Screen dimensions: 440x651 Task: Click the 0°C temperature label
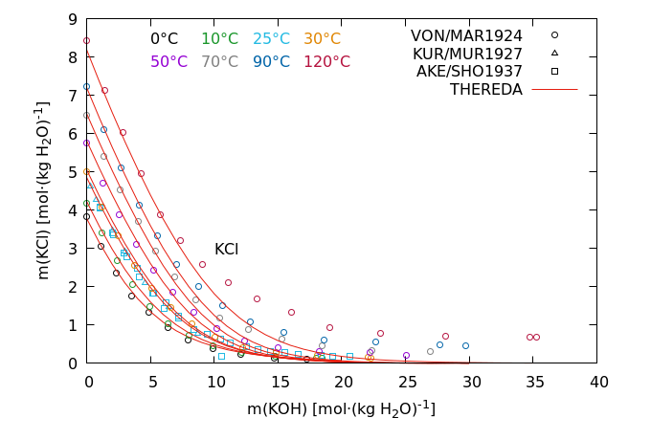pyautogui.click(x=164, y=39)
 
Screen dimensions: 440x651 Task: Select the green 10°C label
pyautogui.click(x=219, y=39)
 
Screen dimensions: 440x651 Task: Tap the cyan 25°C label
pyautogui.click(x=271, y=39)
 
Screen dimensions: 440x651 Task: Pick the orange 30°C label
pyautogui.click(x=322, y=39)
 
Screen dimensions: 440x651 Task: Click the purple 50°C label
pyautogui.click(x=168, y=61)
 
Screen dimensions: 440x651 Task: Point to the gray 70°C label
pyautogui.click(x=219, y=61)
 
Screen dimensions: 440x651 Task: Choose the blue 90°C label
pyautogui.click(x=271, y=61)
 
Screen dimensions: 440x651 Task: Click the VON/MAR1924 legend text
pyautogui.click(x=466, y=35)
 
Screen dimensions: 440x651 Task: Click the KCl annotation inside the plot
pyautogui.click(x=226, y=250)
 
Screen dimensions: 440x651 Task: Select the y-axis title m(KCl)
pyautogui.click(x=43, y=191)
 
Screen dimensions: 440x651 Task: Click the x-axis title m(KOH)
pyautogui.click(x=342, y=408)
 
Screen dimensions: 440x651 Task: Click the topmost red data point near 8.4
pyautogui.click(x=86, y=41)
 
